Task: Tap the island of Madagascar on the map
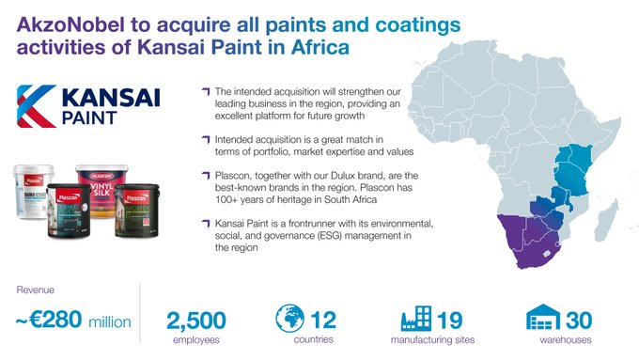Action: pos(613,218)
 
